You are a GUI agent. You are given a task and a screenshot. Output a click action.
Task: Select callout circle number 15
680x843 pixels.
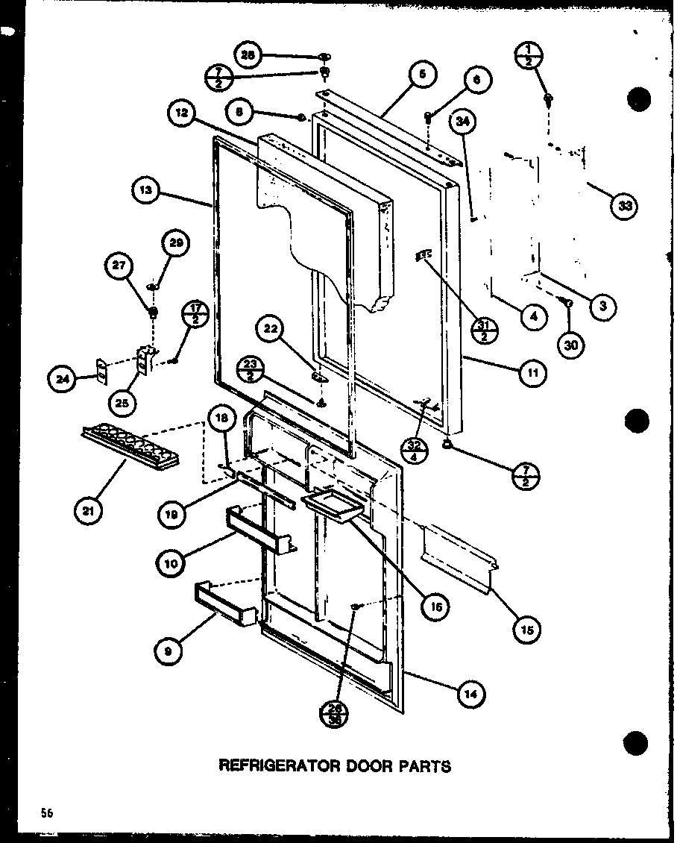tap(527, 630)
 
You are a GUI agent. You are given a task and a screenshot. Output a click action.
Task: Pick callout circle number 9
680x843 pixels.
tap(169, 651)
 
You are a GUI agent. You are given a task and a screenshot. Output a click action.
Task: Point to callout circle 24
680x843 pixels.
tap(61, 380)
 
